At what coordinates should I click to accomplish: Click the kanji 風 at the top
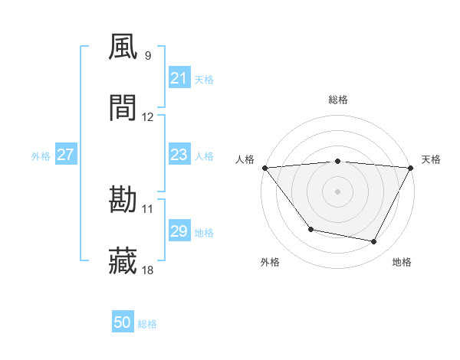[x=123, y=48]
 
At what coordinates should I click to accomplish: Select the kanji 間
[x=123, y=109]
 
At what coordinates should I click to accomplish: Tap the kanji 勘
[x=123, y=201]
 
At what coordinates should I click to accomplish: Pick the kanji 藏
[x=123, y=261]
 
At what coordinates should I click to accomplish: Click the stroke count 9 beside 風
[x=148, y=56]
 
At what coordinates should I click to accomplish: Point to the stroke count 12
[x=148, y=117]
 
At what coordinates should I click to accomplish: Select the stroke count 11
[x=148, y=208]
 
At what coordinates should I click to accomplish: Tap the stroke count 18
[x=148, y=270]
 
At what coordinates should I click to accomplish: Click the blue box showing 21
[x=179, y=78]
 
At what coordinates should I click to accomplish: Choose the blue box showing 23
[x=179, y=155]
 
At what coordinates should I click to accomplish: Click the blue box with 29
[x=179, y=231]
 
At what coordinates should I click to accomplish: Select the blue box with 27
[x=65, y=155]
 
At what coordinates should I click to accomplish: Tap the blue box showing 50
[x=123, y=323]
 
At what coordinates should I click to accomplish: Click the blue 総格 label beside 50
[x=148, y=324]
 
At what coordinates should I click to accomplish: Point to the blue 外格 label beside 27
[x=41, y=156]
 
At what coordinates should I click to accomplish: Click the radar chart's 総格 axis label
[x=338, y=100]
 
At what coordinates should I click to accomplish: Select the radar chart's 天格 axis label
[x=431, y=159]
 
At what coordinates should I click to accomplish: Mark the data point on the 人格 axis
[x=264, y=168]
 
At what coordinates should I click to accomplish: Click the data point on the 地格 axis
[x=374, y=242]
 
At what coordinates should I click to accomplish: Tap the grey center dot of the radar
[x=338, y=191]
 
